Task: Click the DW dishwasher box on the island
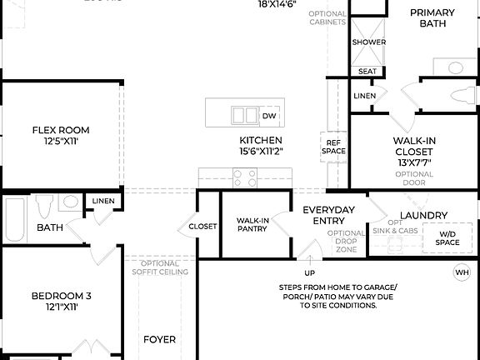coord(269,115)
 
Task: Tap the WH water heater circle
coord(461,272)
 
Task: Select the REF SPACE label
coord(333,147)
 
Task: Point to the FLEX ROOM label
coord(61,130)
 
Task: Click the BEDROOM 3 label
coord(61,296)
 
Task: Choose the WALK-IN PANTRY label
coord(252,225)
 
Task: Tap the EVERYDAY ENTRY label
coord(328,216)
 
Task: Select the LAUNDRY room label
coord(423,215)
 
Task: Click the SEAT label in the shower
coord(367,72)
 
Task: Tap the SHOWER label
coord(368,42)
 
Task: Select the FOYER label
coord(159,339)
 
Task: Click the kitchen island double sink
coord(245,115)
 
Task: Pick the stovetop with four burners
coord(245,177)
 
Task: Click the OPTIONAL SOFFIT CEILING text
coord(158,267)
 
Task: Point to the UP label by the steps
coord(309,272)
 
